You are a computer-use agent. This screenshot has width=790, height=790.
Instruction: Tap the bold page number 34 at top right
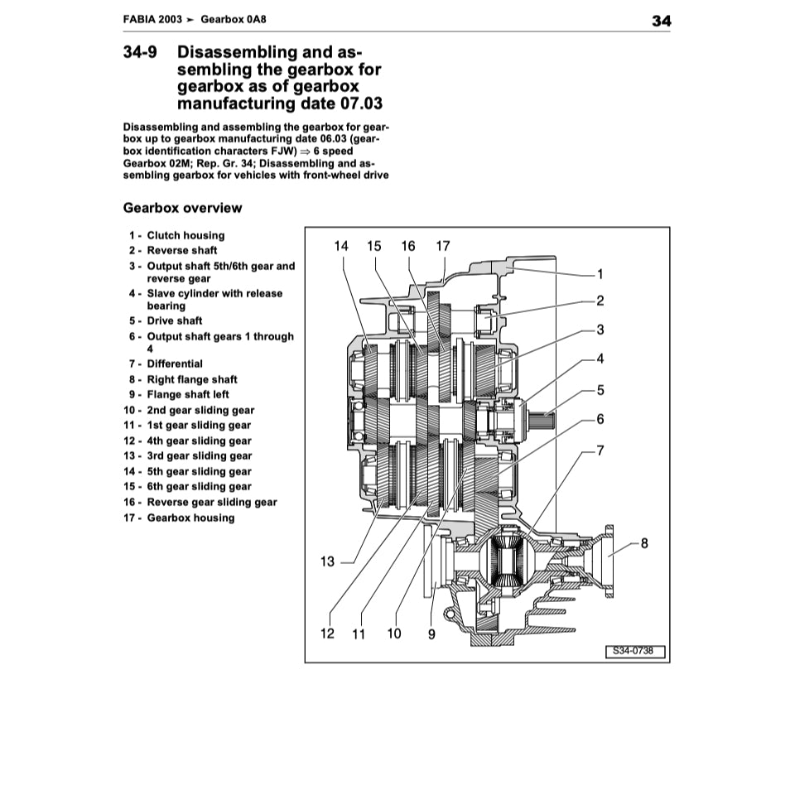click(x=661, y=21)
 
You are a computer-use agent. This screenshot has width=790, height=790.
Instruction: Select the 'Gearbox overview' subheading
click(x=182, y=208)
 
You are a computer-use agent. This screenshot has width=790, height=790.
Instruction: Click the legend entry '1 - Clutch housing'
click(x=176, y=235)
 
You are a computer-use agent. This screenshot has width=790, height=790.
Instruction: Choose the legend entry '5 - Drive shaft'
click(x=166, y=320)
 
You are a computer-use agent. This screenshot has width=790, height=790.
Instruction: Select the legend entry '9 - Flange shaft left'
click(x=179, y=394)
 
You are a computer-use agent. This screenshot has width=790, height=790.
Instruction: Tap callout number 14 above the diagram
click(x=341, y=246)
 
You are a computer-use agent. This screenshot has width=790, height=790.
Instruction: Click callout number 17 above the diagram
click(x=442, y=246)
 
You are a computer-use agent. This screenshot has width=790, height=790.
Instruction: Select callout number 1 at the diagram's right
click(x=600, y=274)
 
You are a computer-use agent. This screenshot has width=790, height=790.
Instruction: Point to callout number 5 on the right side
click(x=600, y=389)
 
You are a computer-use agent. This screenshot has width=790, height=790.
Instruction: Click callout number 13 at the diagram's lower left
click(x=327, y=561)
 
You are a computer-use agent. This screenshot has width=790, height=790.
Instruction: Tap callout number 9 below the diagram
click(x=431, y=634)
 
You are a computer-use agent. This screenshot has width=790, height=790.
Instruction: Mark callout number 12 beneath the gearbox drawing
click(x=327, y=634)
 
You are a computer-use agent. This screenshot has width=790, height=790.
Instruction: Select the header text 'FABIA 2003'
click(x=152, y=21)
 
